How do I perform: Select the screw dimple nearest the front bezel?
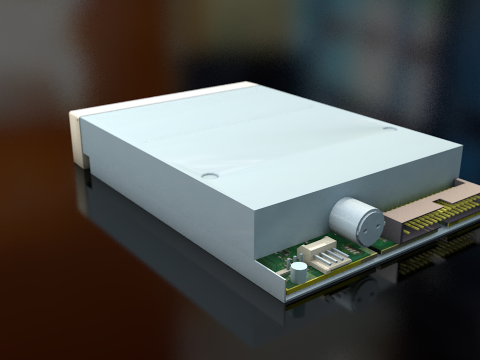[209, 175]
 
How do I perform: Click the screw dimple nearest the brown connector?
[390, 127]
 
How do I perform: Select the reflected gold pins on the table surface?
[430, 255]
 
